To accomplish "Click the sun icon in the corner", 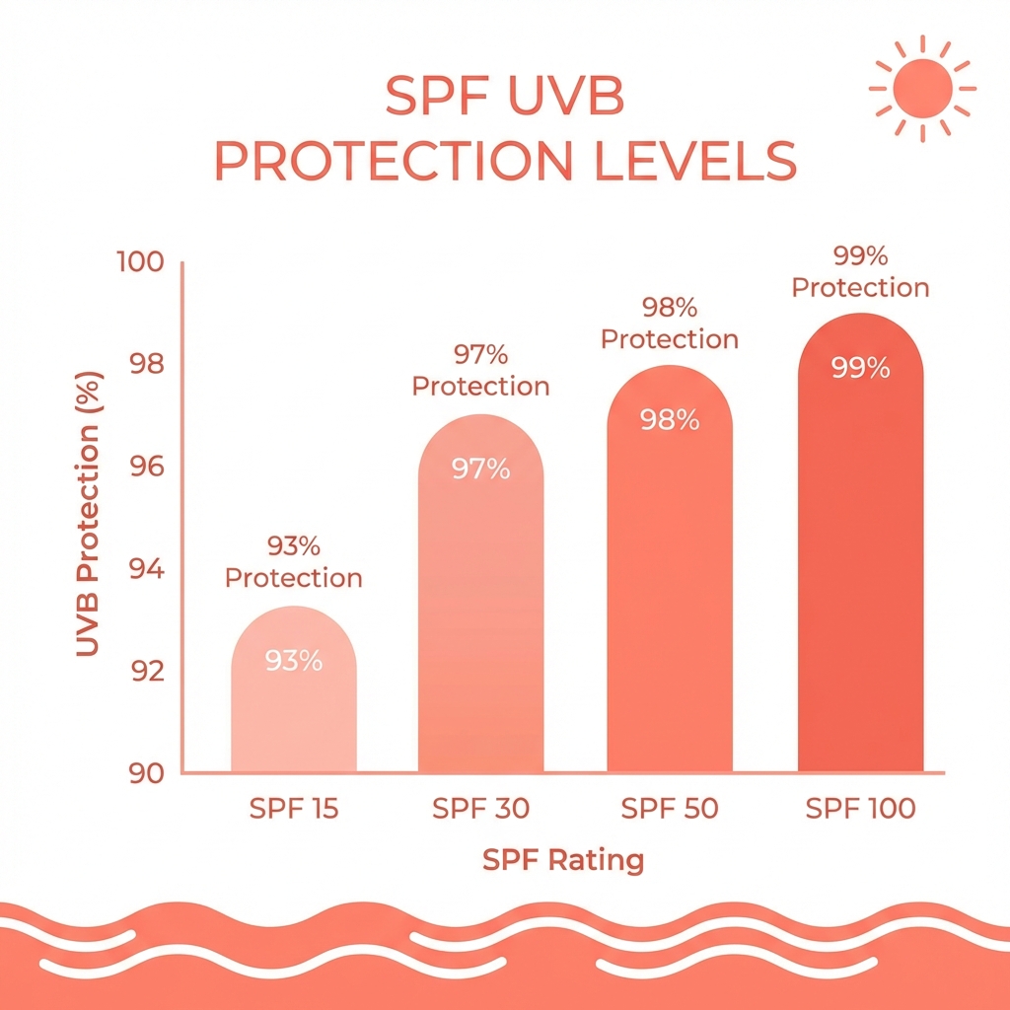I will [922, 87].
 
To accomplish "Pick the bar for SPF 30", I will [480, 612].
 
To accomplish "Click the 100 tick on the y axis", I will [138, 263].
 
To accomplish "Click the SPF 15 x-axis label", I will [293, 810].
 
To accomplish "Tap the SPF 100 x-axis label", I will [860, 810].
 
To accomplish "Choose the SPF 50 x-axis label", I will [670, 810].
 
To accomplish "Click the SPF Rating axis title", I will [562, 860].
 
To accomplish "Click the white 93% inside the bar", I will [294, 661].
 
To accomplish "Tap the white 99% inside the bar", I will [860, 369].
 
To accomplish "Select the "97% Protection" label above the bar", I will [480, 370].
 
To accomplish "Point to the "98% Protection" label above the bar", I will [670, 324].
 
